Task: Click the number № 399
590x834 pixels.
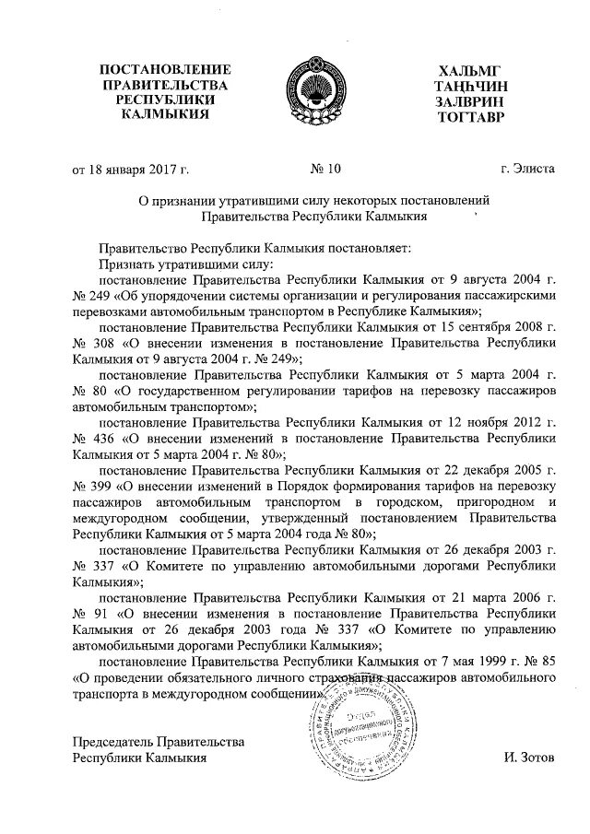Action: coord(88,487)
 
